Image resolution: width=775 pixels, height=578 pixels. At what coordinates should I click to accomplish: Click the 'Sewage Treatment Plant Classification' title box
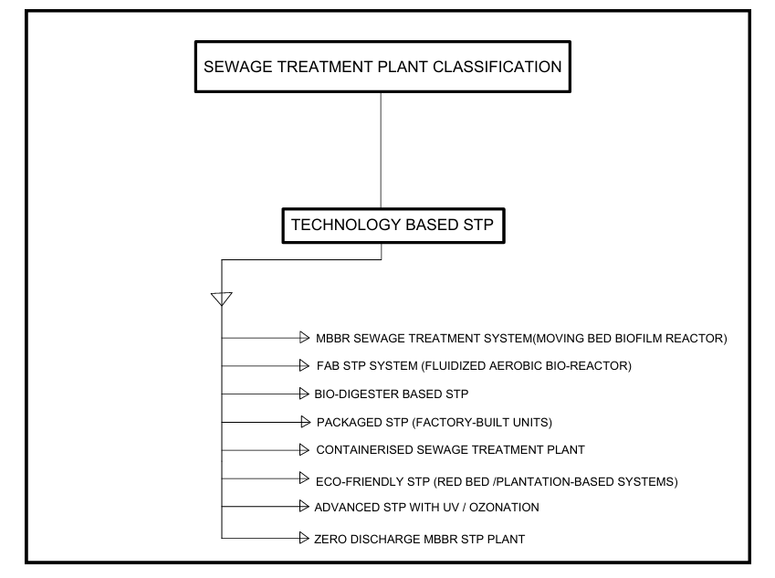click(x=381, y=66)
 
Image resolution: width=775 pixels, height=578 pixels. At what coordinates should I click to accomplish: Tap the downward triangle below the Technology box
click(x=221, y=299)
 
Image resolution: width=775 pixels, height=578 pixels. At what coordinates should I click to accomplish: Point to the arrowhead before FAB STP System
click(x=297, y=366)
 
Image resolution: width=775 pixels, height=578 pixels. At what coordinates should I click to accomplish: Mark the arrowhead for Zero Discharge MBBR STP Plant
click(x=301, y=539)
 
